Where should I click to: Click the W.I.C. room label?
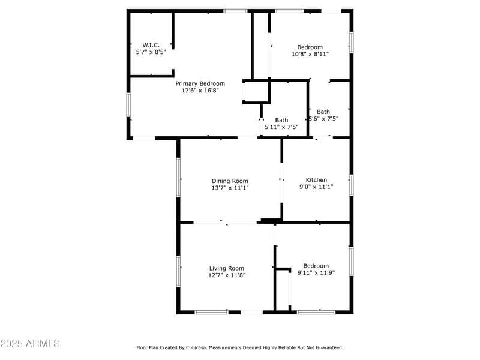click(150, 45)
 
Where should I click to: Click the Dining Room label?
click(230, 181)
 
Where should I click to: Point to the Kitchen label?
click(316, 180)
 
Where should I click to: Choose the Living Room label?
click(227, 268)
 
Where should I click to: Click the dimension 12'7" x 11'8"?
click(227, 275)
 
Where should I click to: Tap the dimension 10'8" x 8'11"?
click(310, 54)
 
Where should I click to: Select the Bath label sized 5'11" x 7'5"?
click(281, 120)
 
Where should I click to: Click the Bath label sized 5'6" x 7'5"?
click(323, 112)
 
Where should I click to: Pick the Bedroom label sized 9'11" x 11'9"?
click(316, 266)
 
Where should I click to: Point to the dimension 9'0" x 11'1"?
click(316, 187)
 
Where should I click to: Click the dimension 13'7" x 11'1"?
click(230, 188)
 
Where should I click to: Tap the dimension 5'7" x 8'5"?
click(150, 52)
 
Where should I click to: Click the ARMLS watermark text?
click(31, 344)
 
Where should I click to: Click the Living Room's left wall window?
click(178, 271)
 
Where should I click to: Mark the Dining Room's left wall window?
click(178, 177)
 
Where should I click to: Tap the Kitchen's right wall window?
click(352, 185)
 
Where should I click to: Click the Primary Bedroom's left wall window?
click(128, 104)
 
